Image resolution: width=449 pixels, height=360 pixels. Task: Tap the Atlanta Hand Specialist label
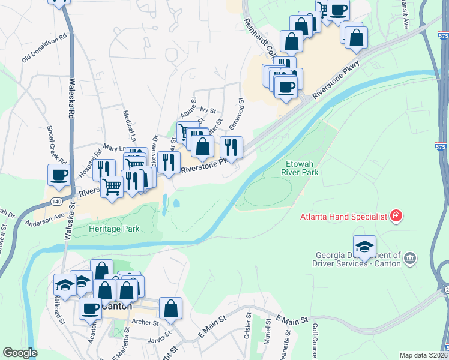[344, 216]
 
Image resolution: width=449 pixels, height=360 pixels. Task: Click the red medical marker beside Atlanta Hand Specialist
[396, 216]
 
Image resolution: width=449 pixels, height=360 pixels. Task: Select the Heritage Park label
[114, 229]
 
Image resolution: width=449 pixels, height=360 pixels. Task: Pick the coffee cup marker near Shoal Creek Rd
[59, 175]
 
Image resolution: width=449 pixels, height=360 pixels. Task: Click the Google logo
[20, 353]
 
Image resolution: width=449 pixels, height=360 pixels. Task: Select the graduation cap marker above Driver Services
[365, 246]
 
